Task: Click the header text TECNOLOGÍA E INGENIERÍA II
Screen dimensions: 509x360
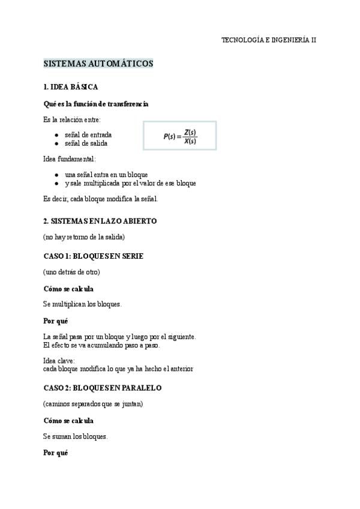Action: coord(269,40)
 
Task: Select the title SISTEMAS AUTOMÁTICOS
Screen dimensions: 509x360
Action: coord(98,64)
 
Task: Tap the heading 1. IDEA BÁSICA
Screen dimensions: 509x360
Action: coord(71,87)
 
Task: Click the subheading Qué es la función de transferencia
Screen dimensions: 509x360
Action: coord(96,104)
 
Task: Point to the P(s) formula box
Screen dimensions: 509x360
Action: coord(180,136)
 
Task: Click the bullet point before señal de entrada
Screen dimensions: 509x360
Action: coord(56,135)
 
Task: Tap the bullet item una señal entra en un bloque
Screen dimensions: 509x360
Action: coord(106,175)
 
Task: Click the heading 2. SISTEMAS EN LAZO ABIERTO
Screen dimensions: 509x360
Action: coord(100,221)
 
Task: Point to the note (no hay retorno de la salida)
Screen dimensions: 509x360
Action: coord(84,236)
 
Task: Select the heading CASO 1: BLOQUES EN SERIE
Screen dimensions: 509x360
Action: coord(94,256)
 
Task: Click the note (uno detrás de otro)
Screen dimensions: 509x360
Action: coord(71,272)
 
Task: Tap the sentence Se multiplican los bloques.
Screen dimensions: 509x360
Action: coord(83,304)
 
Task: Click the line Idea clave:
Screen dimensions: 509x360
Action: coord(59,361)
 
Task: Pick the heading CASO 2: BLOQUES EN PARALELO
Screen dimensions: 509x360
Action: coord(103,388)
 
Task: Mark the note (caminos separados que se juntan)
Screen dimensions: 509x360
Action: coord(93,404)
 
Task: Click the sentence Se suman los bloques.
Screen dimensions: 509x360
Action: coord(76,436)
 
